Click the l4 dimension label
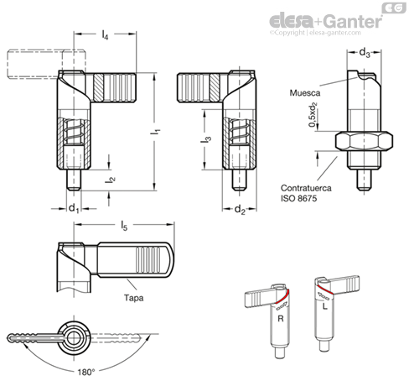coord(105,34)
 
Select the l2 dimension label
coord(110,180)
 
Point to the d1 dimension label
coord(74,209)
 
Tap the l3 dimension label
coord(206,140)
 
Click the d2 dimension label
coord(240,210)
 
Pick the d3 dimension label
coord(365,53)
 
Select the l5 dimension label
coord(124,226)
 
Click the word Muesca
coord(305,93)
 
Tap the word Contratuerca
coord(306,188)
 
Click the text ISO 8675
coord(298,198)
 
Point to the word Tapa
coord(134,298)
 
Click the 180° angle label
coord(86,372)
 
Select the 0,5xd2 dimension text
coord(313,114)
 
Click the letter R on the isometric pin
coord(281,318)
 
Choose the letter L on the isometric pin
coord(324,306)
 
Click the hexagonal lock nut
coord(364,141)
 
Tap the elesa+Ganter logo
coord(326,21)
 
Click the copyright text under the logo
coord(315,33)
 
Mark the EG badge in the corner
coord(394,8)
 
